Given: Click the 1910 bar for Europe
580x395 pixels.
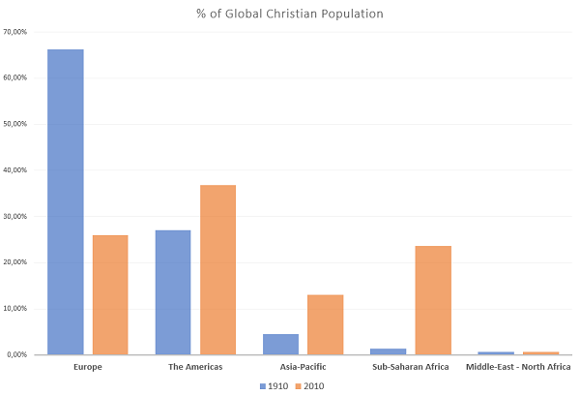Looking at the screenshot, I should coord(65,201).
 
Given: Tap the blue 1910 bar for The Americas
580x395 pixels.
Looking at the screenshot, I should coord(173,291).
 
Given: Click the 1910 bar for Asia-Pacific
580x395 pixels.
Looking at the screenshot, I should coord(280,344).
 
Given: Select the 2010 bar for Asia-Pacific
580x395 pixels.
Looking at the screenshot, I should coord(325,324).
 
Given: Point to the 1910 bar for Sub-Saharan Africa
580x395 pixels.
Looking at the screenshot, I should coord(389,351).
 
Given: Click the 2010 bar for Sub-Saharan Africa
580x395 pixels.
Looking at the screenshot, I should coord(433,300).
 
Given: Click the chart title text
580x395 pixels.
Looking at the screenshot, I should coord(289,13).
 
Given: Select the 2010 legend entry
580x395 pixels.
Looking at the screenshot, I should coord(309,385).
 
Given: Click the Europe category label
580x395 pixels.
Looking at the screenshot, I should coord(87,367).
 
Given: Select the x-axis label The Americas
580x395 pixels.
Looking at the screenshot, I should coord(195,367).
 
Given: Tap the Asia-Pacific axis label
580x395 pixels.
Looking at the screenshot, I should coord(303,367).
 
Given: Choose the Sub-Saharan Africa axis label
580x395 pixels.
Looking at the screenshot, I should coord(411,367).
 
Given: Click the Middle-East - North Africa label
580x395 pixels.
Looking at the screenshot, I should coord(518,367).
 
